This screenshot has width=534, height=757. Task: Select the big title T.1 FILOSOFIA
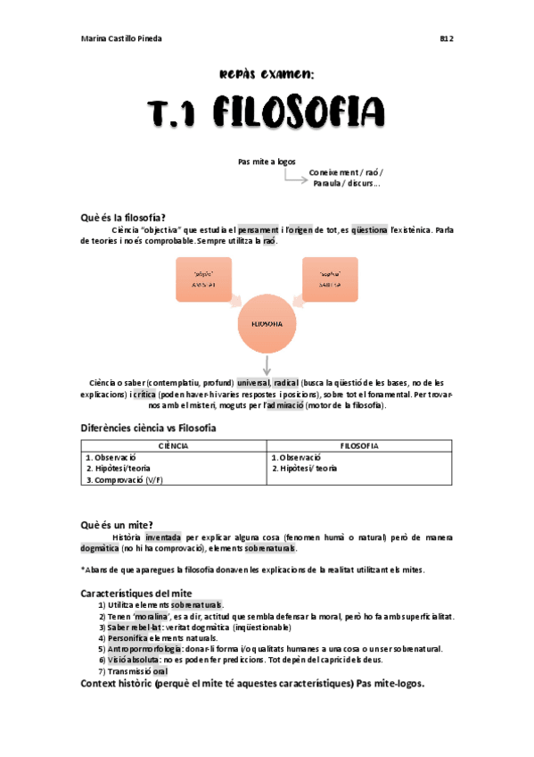coord(267,113)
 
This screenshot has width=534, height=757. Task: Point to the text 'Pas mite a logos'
coord(267,162)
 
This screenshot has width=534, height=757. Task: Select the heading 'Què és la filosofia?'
coord(123,217)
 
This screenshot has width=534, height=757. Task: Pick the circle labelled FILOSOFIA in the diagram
coord(267,324)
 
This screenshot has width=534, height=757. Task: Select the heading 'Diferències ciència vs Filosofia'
coord(148,428)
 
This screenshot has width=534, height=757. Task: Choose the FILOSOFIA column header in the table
coord(360,445)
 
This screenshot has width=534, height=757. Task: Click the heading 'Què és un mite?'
coord(116,524)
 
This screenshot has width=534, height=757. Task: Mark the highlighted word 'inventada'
coord(163,537)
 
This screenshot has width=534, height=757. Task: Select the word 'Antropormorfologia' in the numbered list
coord(145,649)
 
